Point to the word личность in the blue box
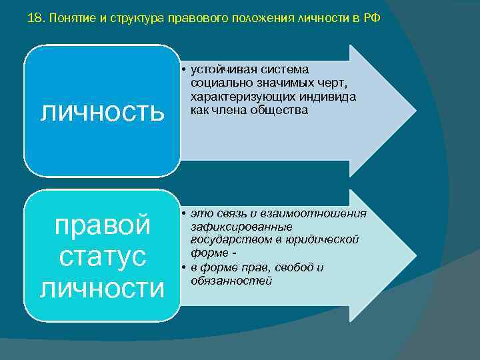[102, 111]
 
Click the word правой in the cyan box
[102, 225]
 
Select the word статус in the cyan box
[102, 257]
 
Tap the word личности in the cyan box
[102, 288]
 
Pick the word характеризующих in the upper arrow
[233, 97]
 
